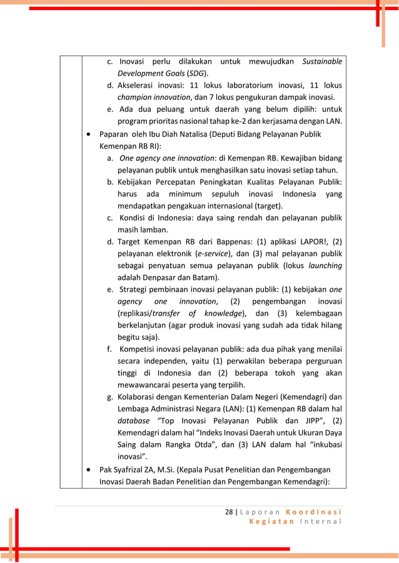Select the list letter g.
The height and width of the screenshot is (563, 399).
109,397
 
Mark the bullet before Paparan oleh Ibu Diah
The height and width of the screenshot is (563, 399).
91,134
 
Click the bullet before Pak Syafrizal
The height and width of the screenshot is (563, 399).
91,469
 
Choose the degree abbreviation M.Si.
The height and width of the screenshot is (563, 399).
181,469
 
